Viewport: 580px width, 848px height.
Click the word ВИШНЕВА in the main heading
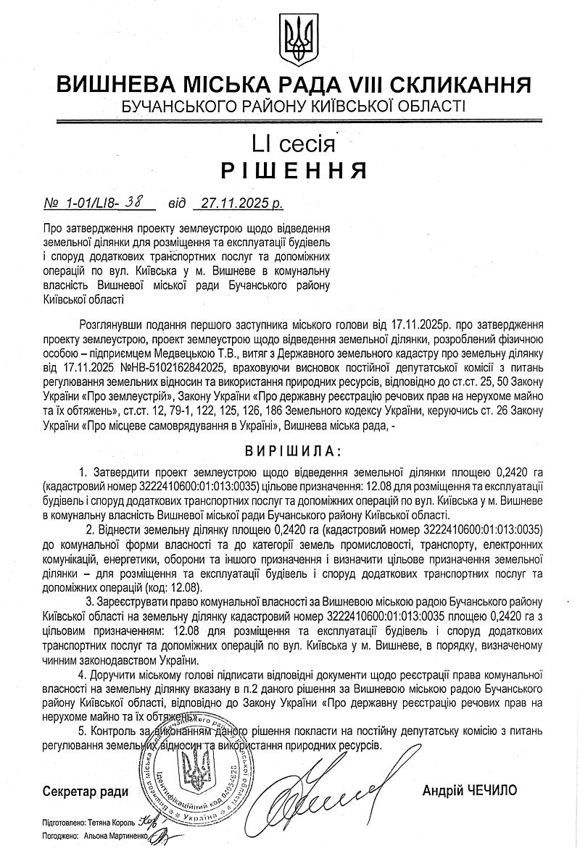click(113, 85)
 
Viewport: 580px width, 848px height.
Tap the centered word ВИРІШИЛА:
click(290, 452)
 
